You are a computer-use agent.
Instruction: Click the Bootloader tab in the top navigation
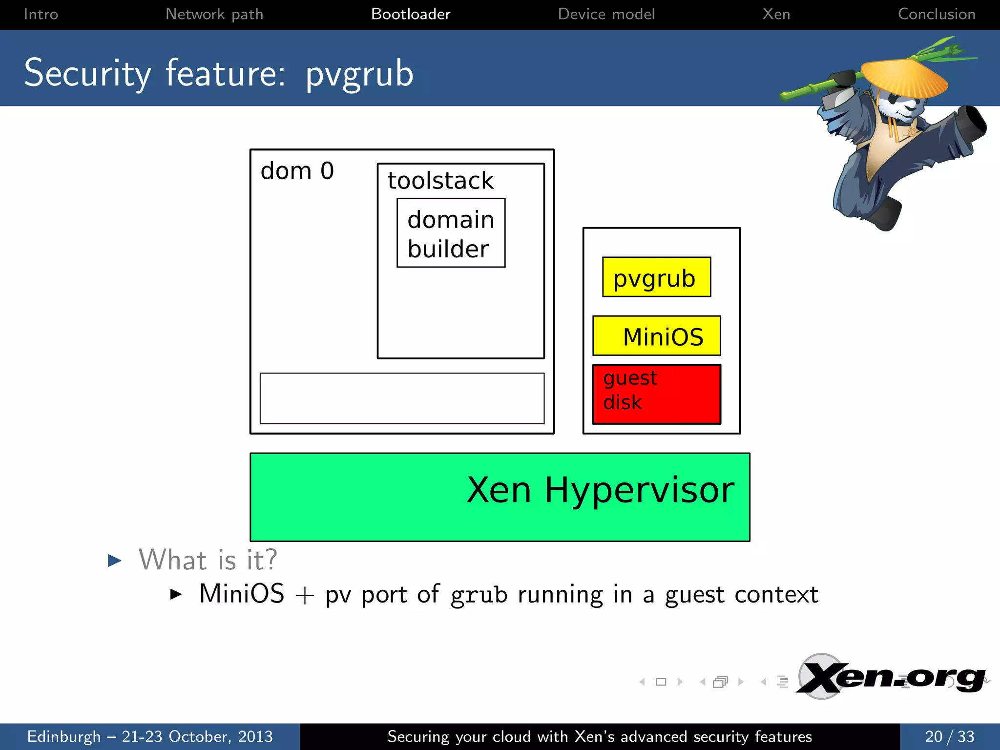click(x=411, y=14)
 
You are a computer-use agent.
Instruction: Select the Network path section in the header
click(x=214, y=14)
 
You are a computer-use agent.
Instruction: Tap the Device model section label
click(x=606, y=14)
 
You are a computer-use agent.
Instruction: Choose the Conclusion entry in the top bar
click(x=937, y=14)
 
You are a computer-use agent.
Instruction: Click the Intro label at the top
click(x=41, y=14)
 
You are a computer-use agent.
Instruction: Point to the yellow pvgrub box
click(x=656, y=277)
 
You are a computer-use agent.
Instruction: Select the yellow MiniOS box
click(x=656, y=336)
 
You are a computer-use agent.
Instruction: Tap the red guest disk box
click(x=656, y=394)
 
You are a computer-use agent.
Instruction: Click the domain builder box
click(x=451, y=233)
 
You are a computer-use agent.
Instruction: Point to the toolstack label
click(x=440, y=181)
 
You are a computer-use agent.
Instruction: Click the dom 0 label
click(x=297, y=171)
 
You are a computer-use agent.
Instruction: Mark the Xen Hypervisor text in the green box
click(x=600, y=490)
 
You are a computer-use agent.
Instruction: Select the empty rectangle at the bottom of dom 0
click(x=402, y=398)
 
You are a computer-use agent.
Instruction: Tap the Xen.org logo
click(x=891, y=678)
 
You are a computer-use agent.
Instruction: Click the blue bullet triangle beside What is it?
click(x=115, y=560)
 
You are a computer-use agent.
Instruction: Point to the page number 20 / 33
click(x=949, y=736)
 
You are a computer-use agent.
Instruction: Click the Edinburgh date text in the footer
click(x=150, y=736)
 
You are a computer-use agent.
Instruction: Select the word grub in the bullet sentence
click(x=479, y=595)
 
